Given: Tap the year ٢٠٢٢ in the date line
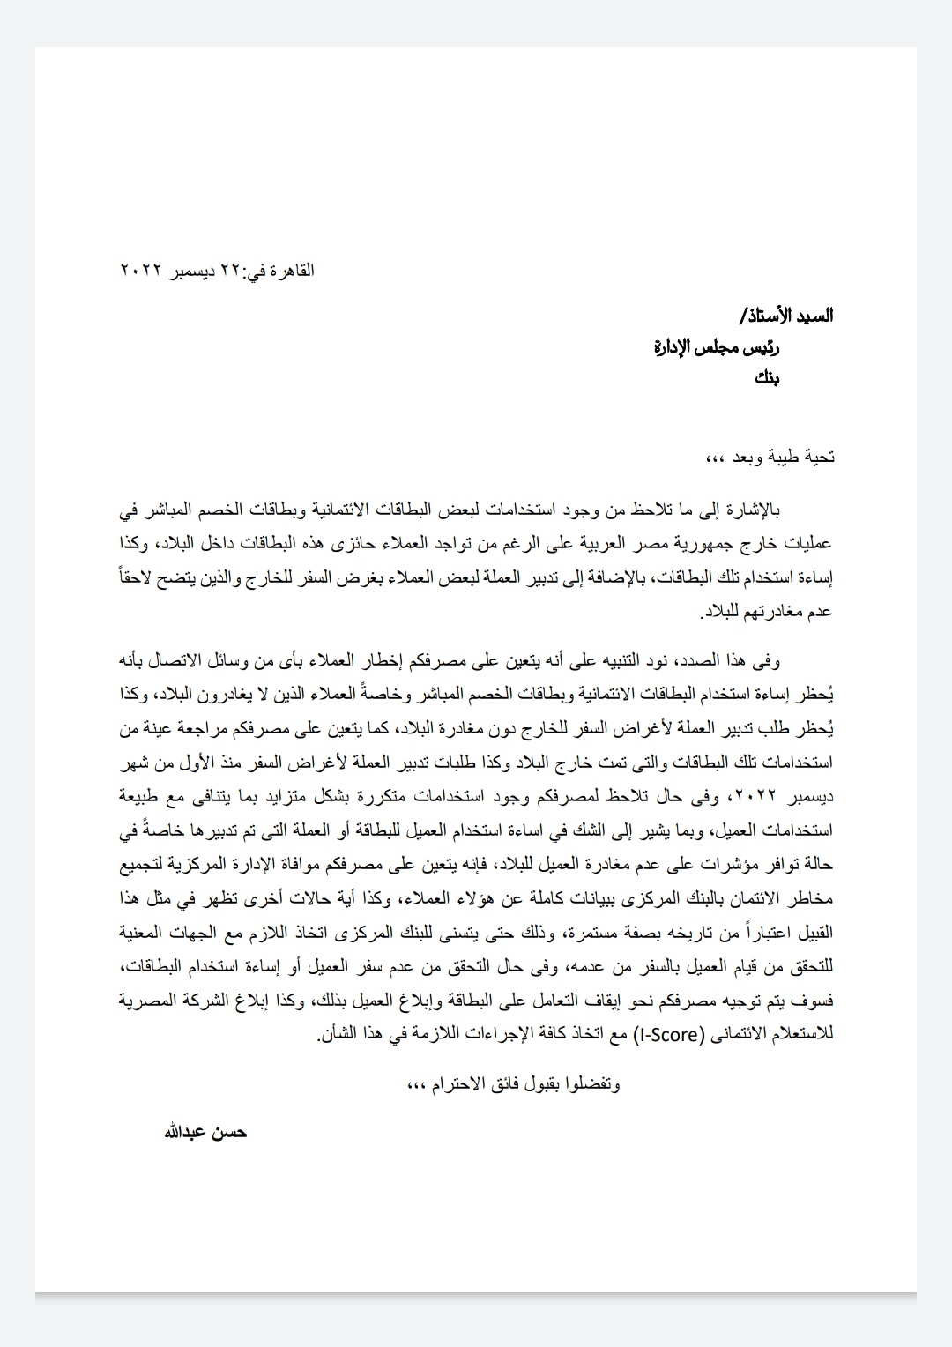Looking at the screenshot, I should pyautogui.click(x=139, y=271).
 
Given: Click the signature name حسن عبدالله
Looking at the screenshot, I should pyautogui.click(x=205, y=1132).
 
